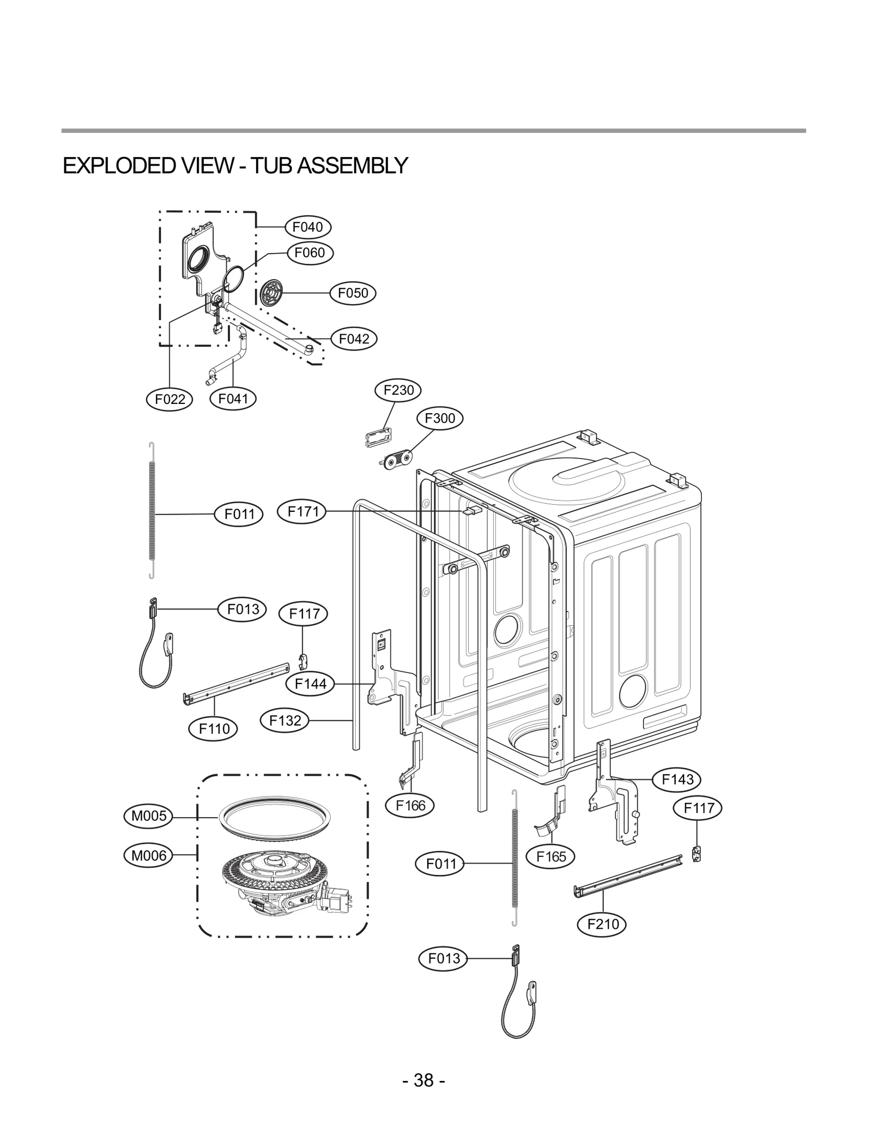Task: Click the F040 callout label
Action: pyautogui.click(x=308, y=227)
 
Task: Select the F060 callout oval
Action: pyautogui.click(x=310, y=252)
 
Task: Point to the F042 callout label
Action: pyautogui.click(x=354, y=339)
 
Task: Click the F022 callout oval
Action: pyautogui.click(x=170, y=399)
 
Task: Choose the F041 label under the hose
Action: pyautogui.click(x=233, y=398)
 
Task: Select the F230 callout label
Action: pyautogui.click(x=398, y=390)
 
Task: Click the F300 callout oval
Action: pyautogui.click(x=439, y=418)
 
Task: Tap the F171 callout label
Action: pyautogui.click(x=302, y=511)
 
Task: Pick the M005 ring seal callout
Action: pyautogui.click(x=149, y=816)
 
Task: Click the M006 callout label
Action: pyautogui.click(x=149, y=856)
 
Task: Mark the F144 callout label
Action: pyautogui.click(x=310, y=684)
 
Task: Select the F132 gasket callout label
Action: pyautogui.click(x=285, y=721)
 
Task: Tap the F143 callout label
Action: pyautogui.click(x=677, y=779)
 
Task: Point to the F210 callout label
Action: pyautogui.click(x=603, y=924)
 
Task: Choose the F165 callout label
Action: pyautogui.click(x=551, y=856)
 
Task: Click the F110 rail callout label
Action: pyautogui.click(x=214, y=728)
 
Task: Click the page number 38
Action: pyautogui.click(x=424, y=1080)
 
